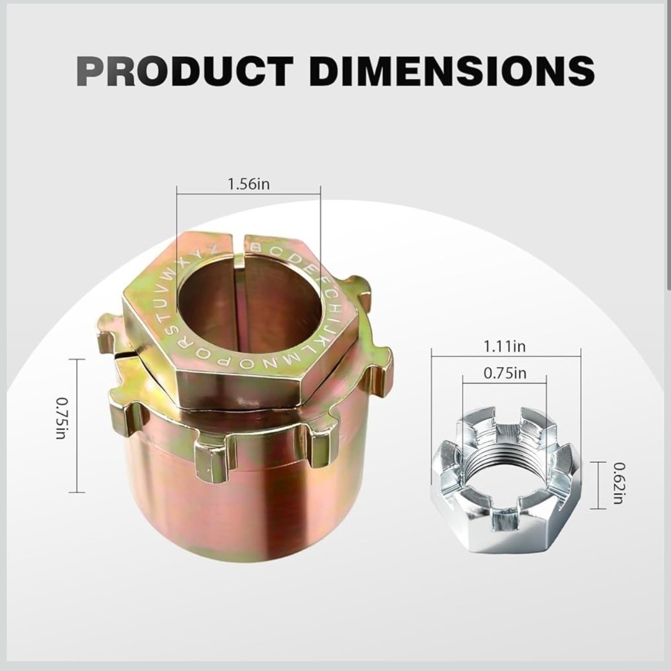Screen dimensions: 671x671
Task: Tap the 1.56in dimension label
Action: (x=248, y=184)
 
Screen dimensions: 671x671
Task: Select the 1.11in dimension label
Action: (x=505, y=346)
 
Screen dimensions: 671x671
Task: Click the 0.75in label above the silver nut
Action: (x=505, y=373)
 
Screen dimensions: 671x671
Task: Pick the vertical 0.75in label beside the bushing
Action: (x=62, y=418)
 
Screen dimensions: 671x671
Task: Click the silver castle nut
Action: (x=506, y=478)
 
